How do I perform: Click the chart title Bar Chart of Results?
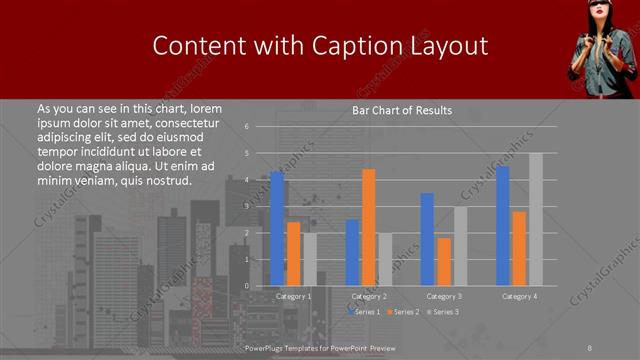[401, 110]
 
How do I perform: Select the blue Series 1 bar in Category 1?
[277, 228]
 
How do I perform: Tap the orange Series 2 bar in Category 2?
[369, 227]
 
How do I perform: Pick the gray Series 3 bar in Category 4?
[536, 219]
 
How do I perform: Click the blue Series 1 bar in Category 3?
[427, 239]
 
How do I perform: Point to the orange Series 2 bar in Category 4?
[519, 248]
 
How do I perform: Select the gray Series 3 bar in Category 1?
[310, 259]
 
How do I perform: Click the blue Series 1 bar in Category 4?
[502, 226]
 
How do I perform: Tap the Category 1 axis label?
[293, 297]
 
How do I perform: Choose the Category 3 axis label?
[444, 297]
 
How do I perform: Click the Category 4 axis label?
[519, 297]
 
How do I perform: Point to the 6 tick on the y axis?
[246, 127]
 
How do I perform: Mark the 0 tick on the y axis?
[246, 286]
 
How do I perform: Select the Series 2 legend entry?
[402, 312]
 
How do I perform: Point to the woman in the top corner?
[601, 45]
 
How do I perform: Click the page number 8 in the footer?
[589, 346]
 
